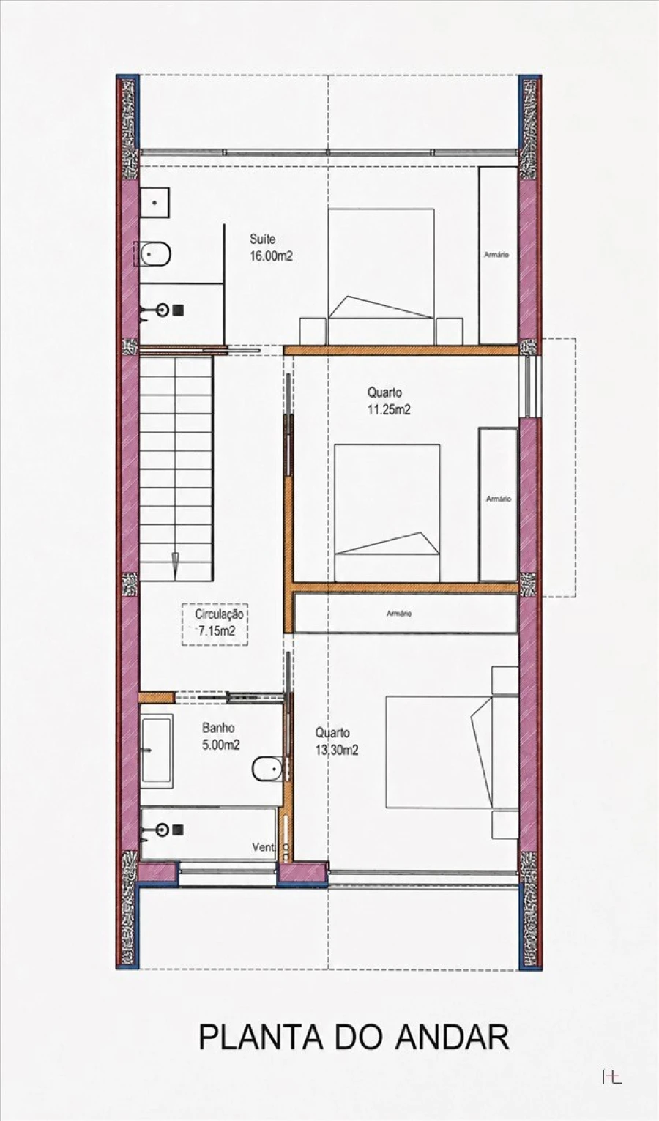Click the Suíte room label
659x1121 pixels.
click(x=262, y=239)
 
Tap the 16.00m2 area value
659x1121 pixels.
click(x=271, y=256)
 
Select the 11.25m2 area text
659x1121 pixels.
click(x=390, y=410)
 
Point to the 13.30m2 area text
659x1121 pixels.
click(x=337, y=751)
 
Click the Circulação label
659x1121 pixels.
click(x=219, y=614)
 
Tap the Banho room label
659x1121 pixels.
click(x=218, y=728)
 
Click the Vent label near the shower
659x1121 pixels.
click(x=263, y=846)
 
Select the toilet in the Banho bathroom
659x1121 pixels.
click(x=267, y=768)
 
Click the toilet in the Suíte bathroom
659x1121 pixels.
click(x=154, y=254)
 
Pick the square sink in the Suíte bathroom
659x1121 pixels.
click(x=154, y=203)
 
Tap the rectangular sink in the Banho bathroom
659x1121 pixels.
click(x=157, y=751)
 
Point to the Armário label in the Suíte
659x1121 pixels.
click(x=496, y=255)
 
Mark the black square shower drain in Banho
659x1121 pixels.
click(x=178, y=830)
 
